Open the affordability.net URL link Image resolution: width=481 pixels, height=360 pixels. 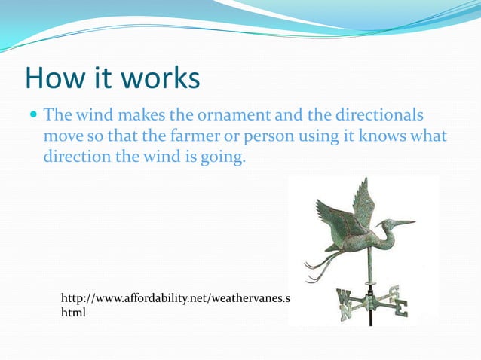[174, 299]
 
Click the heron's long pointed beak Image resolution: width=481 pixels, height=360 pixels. [400, 223]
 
